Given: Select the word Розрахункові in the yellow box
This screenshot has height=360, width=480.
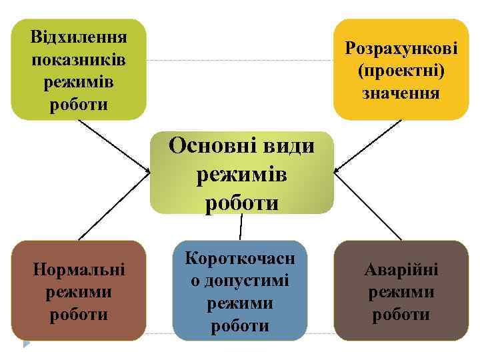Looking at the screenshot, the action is [401, 48].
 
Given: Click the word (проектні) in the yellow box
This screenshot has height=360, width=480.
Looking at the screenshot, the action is [401, 70].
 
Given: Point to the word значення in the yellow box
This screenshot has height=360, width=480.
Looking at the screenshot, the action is [401, 92].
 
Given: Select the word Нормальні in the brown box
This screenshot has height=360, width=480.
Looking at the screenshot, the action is [79, 270].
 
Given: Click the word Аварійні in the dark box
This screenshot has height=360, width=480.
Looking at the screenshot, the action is [401, 270].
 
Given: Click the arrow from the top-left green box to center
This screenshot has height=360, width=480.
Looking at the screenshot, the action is [113, 147].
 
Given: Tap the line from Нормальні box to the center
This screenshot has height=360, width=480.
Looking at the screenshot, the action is [113, 207].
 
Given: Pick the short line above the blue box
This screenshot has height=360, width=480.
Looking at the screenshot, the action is [241, 227].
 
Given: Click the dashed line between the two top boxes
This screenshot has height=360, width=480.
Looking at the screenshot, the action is [240, 61].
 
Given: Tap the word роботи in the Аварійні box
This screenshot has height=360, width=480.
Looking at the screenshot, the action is [401, 315].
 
